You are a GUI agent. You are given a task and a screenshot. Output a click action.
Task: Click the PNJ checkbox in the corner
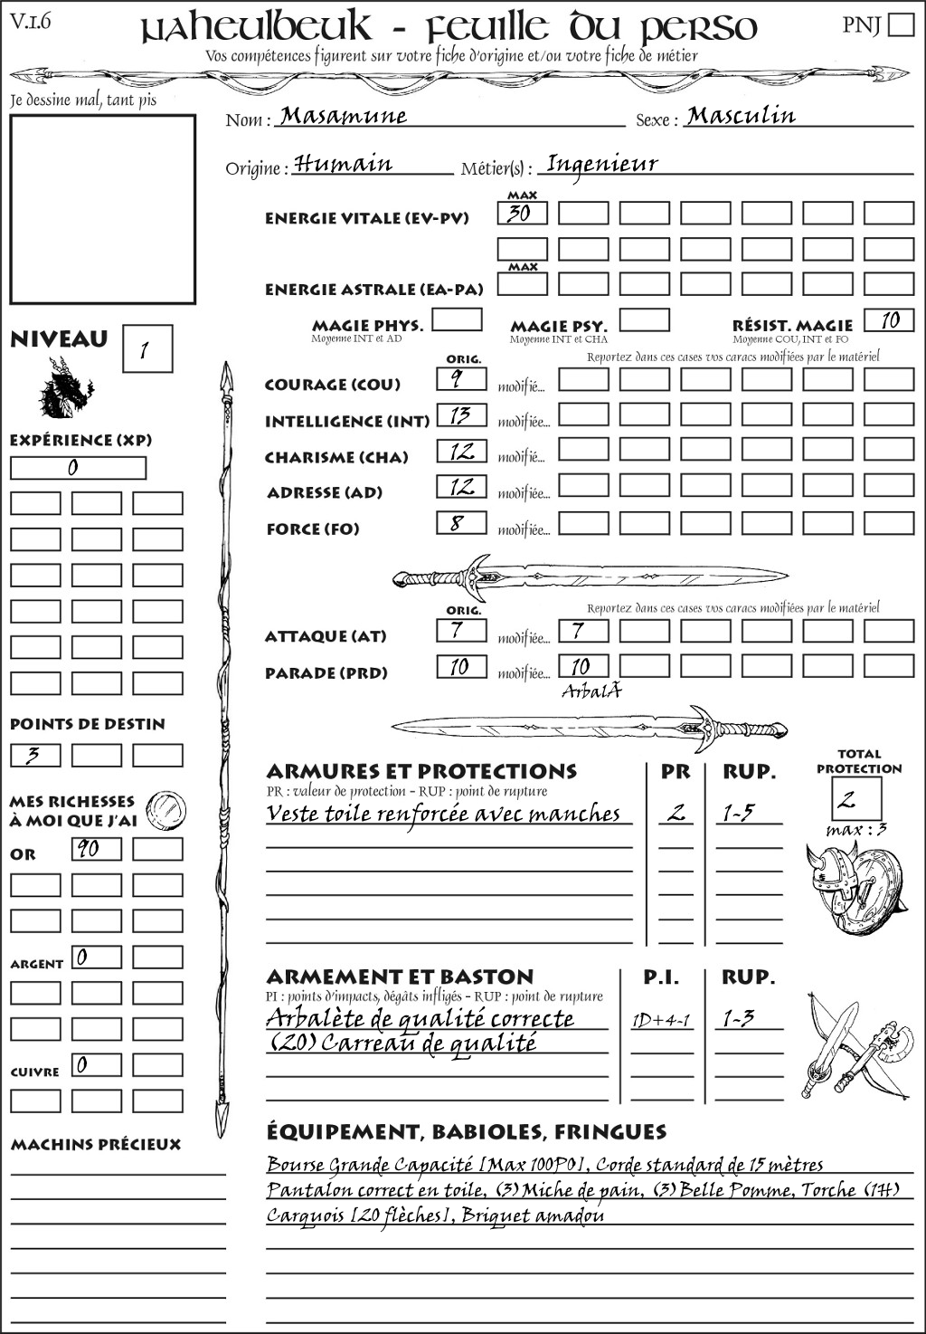pos(901,24)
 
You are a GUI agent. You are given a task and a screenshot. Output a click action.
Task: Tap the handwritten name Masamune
pos(344,116)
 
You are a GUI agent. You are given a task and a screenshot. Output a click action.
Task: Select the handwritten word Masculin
pos(741,116)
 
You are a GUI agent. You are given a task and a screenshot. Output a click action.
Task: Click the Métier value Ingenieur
pos(602,165)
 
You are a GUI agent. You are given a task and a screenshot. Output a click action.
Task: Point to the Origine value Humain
pos(344,165)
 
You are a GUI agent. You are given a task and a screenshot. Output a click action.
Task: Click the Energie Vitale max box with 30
pos(522,214)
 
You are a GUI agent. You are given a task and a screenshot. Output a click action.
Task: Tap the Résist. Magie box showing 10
pos(889,320)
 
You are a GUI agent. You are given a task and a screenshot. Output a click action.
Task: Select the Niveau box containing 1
pos(146,349)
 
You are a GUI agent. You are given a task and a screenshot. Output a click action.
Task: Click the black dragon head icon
pos(65,388)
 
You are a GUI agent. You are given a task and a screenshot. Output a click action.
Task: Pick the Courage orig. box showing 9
pos(461,379)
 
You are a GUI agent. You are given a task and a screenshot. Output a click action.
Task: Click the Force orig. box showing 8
pos(461,523)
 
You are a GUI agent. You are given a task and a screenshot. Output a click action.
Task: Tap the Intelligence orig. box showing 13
pos(461,415)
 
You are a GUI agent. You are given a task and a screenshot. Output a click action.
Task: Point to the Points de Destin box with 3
pos(35,755)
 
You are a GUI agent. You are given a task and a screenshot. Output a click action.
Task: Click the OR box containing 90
pos(96,849)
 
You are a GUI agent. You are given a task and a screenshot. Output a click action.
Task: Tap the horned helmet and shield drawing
pos(852,888)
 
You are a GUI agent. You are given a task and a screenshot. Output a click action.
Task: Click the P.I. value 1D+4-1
pos(661,1021)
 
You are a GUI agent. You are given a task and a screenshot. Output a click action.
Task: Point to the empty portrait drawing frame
pos(102,209)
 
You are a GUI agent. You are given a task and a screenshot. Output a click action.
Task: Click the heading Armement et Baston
pos(400,977)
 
